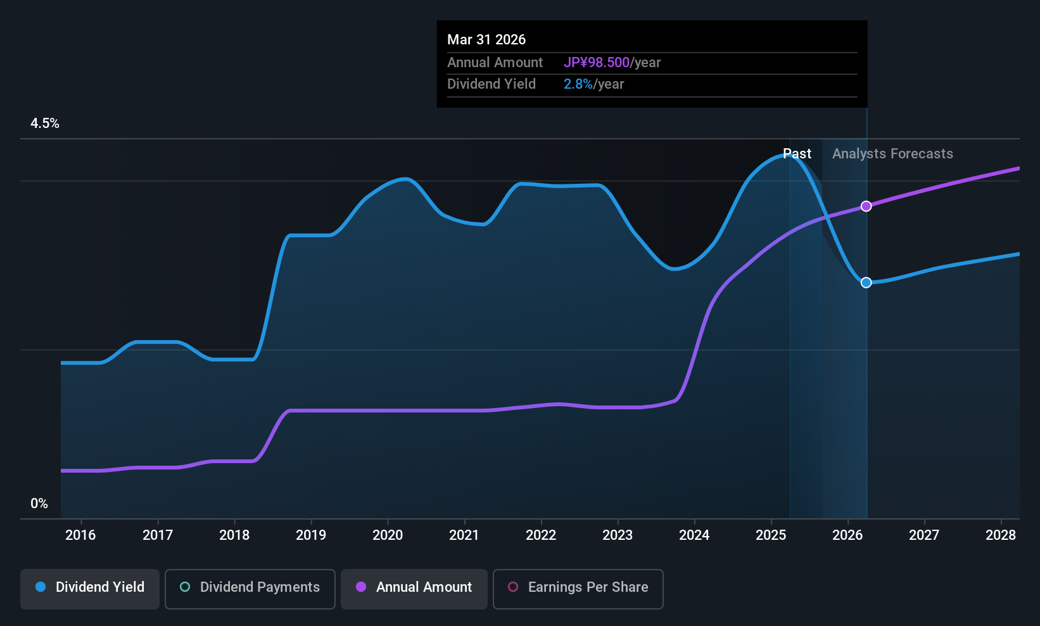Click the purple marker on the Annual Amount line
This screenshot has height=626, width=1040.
click(x=866, y=206)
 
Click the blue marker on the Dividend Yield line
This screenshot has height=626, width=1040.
click(x=866, y=283)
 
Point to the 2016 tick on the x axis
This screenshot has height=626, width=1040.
click(x=80, y=535)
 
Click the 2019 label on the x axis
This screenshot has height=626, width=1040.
click(x=311, y=535)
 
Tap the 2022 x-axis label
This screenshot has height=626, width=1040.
click(x=541, y=535)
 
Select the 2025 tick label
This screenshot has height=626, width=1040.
click(x=771, y=535)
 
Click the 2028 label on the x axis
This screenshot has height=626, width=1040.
click(x=1001, y=535)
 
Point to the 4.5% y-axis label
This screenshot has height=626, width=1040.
click(x=45, y=124)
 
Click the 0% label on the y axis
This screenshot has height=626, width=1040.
click(x=39, y=504)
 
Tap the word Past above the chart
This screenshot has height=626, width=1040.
click(x=797, y=154)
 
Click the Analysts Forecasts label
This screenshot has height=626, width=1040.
click(x=892, y=154)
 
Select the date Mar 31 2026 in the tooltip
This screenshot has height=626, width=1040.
click(x=486, y=40)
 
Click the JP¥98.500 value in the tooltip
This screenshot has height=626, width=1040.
click(x=597, y=63)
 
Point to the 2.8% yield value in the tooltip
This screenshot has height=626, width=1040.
click(x=578, y=84)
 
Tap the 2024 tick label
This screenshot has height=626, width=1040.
click(x=694, y=535)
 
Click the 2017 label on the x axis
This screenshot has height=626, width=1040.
click(x=158, y=535)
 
